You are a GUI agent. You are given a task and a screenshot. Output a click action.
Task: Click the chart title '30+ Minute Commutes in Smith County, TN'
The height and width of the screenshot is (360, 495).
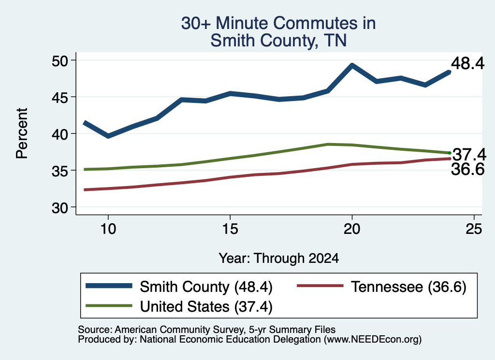tap(278, 31)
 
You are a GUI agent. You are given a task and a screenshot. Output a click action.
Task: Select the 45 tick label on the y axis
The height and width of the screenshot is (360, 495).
tap(60, 97)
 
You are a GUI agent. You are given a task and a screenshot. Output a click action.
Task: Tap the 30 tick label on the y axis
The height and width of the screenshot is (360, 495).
tap(60, 208)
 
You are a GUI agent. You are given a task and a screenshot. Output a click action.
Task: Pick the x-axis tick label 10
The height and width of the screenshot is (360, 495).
tap(108, 229)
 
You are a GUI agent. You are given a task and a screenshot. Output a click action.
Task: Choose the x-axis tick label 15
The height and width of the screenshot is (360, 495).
tap(230, 229)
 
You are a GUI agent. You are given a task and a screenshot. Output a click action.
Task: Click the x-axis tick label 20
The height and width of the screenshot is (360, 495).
tap(352, 229)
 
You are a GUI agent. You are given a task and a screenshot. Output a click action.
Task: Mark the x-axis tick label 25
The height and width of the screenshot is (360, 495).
tap(474, 229)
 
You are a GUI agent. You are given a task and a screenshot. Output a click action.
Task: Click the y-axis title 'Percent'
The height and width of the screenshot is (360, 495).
tap(22, 133)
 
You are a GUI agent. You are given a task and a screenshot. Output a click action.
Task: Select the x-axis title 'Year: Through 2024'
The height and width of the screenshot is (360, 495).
tap(279, 258)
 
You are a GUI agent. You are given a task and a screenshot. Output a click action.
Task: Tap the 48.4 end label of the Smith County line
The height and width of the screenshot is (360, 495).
tap(467, 63)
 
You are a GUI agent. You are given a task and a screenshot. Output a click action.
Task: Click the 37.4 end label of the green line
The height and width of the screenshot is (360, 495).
tap(469, 155)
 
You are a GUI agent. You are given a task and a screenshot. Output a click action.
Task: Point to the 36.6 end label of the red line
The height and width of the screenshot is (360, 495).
tap(467, 170)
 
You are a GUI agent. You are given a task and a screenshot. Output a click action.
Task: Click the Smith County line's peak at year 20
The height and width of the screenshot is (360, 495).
tap(352, 65)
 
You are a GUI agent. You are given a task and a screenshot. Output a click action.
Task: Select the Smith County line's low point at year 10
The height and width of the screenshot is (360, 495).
tap(108, 136)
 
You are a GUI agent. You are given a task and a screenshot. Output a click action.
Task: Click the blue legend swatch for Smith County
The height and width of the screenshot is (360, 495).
tap(109, 286)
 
